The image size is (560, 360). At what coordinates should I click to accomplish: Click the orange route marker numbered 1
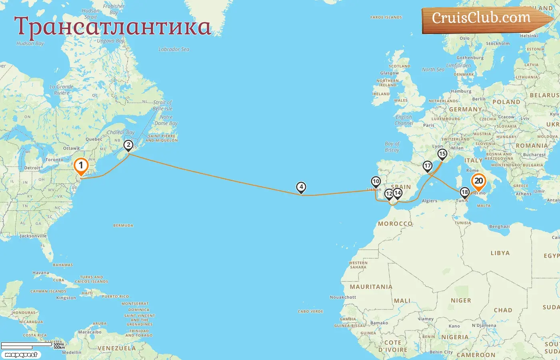[81, 166]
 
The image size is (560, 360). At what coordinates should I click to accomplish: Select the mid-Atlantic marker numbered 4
[301, 187]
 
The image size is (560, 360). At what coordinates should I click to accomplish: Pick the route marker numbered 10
[376, 182]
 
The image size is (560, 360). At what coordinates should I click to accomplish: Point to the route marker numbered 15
[442, 154]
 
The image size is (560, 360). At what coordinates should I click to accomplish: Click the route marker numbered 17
[428, 166]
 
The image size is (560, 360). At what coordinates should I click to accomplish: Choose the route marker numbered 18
[464, 192]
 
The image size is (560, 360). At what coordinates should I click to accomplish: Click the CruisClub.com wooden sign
[482, 18]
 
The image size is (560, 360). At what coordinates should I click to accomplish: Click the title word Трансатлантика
[112, 27]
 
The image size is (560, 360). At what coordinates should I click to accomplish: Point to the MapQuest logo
[21, 355]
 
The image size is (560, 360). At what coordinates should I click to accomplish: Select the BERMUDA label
[123, 226]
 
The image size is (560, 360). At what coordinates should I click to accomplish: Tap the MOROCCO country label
[395, 224]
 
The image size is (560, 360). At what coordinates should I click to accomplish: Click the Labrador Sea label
[174, 49]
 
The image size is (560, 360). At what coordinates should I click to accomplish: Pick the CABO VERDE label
[310, 311]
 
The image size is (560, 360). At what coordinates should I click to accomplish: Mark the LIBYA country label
[500, 253]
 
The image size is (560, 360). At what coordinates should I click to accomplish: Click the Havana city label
[41, 273]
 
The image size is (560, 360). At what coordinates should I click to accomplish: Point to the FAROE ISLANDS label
[386, 18]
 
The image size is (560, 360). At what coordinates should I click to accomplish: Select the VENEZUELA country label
[116, 348]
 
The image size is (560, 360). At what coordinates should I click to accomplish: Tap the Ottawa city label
[71, 148]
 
